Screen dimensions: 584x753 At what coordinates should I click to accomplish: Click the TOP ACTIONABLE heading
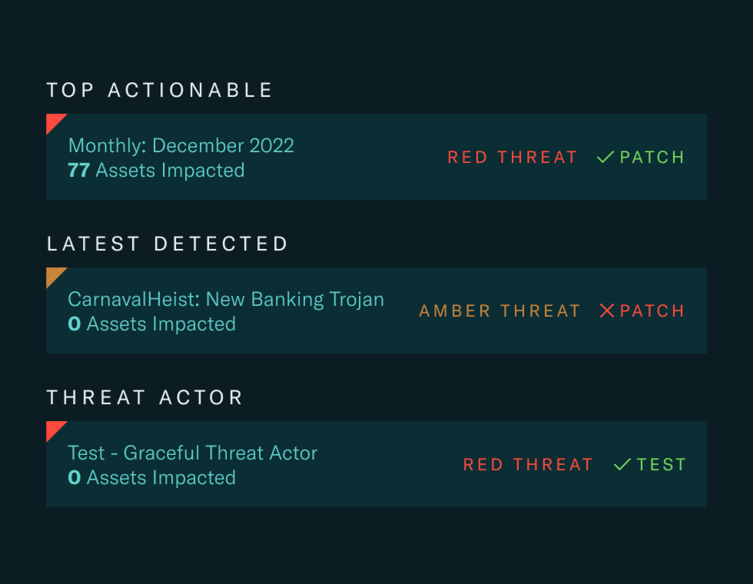pos(160,90)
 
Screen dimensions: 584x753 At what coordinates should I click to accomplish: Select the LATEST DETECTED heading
pos(168,244)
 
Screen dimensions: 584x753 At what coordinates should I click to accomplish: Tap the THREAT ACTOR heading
pos(144,397)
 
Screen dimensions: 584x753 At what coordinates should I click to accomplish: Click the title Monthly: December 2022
pos(181,145)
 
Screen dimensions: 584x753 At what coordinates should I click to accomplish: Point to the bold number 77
pos(78,170)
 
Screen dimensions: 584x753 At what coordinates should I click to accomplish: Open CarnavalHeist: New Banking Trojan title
pos(226,299)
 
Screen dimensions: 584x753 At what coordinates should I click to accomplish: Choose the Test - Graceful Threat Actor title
pos(192,453)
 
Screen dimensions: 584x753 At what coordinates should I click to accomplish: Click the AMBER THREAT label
pos(499,311)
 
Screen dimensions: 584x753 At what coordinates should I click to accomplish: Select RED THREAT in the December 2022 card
pos(513,158)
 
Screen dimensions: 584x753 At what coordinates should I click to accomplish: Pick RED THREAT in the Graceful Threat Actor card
pos(528,465)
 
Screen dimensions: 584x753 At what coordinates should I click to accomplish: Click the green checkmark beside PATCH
pos(605,158)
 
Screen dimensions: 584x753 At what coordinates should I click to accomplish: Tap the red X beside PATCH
pos(607,311)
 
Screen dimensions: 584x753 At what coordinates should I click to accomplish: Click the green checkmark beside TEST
pos(622,465)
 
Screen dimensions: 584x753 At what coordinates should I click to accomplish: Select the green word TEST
pos(661,465)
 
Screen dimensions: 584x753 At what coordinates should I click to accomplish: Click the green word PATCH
pos(652,158)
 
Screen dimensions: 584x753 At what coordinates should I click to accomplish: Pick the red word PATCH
pos(652,311)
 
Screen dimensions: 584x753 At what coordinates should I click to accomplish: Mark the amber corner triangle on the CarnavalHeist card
pos(53,274)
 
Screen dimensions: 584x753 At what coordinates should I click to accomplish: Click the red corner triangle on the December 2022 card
pos(53,121)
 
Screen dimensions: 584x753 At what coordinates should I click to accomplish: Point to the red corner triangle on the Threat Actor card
pos(53,428)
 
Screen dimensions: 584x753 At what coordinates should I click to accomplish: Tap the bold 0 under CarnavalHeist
pos(74,324)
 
